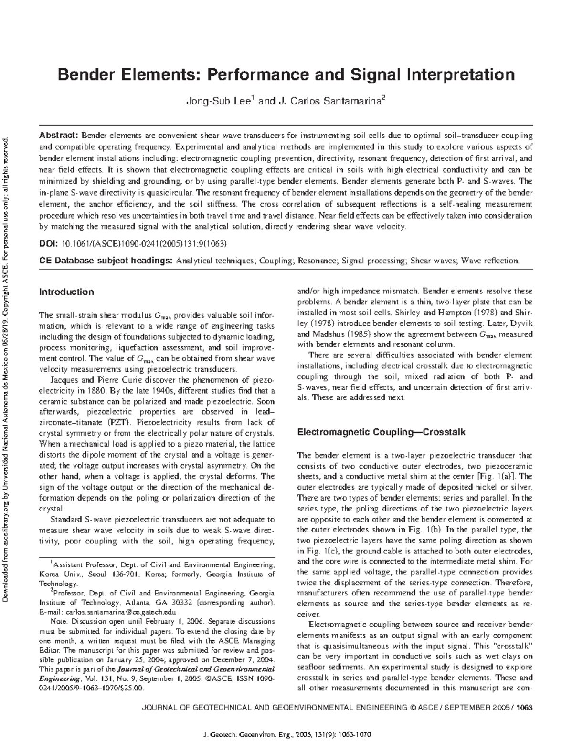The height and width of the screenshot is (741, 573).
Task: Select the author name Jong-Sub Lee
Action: (x=217, y=101)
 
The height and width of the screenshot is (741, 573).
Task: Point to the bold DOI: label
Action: (x=48, y=244)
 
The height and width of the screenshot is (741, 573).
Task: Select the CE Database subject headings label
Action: (x=106, y=261)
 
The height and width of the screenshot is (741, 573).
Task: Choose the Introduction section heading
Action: (x=66, y=292)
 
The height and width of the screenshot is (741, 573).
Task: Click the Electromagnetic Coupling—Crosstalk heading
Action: (x=381, y=432)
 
